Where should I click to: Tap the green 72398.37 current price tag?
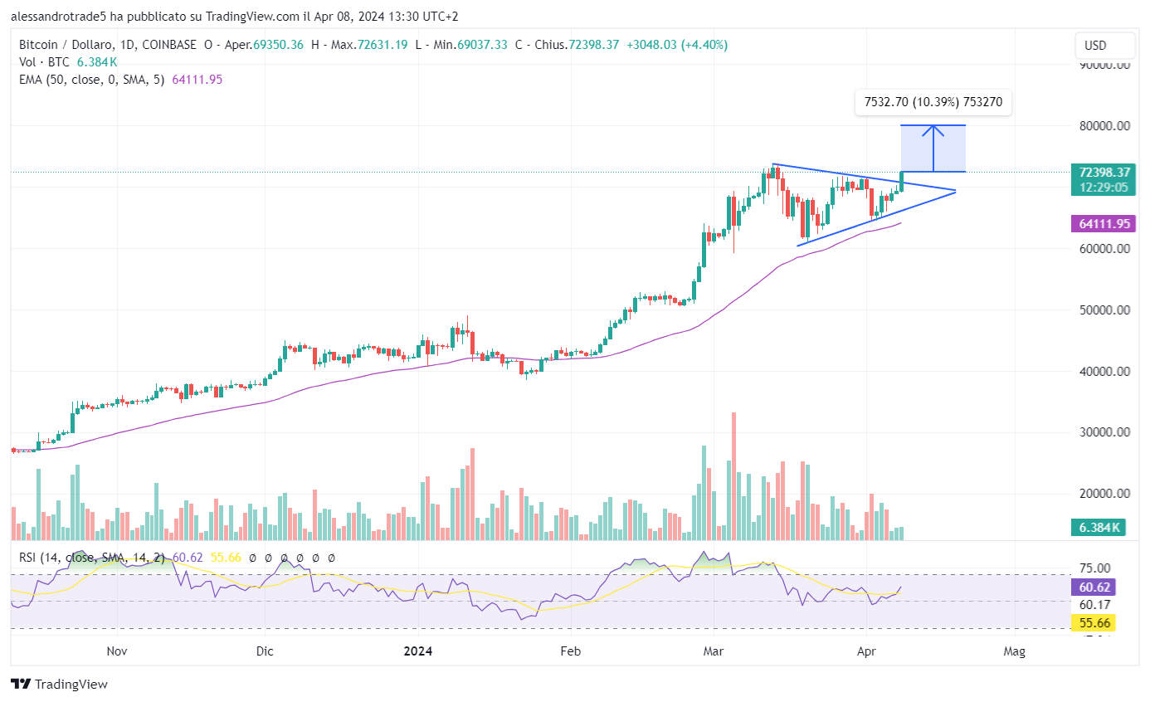1101,173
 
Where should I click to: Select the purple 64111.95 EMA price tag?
1101,223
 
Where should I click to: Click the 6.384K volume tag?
1101,528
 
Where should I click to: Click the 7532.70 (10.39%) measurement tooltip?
933,102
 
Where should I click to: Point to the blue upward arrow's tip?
933,126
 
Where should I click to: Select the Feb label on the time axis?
570,652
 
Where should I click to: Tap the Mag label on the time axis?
1014,652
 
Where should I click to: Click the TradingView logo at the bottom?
60,685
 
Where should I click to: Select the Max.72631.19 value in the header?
370,45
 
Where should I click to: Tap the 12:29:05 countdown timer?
1101,188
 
